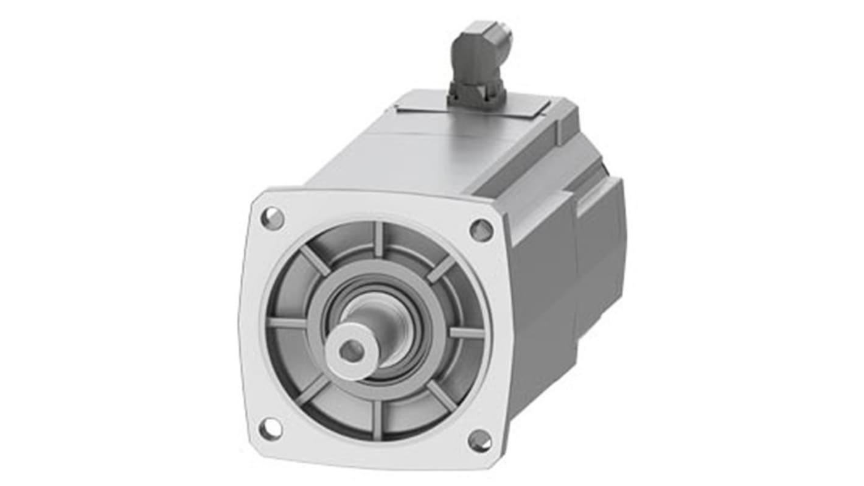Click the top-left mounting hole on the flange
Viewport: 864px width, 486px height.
[272, 217]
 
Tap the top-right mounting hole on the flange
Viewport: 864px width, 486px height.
[481, 230]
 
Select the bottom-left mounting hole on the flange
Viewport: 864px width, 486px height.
[270, 429]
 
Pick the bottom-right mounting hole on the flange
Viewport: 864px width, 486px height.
[479, 440]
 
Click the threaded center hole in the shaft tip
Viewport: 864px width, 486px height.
[351, 350]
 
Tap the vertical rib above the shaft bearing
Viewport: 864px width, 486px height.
[378, 239]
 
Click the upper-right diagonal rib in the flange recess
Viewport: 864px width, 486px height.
[440, 268]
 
